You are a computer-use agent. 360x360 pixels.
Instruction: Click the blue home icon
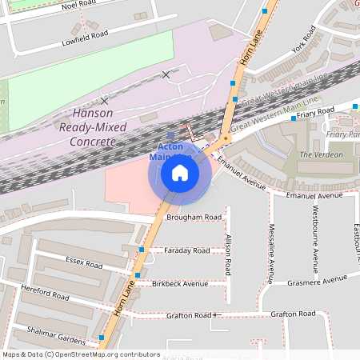180,173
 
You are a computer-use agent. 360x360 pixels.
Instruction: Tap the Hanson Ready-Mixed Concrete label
88,127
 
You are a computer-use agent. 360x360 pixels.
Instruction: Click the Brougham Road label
194,217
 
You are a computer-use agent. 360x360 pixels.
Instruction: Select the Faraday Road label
186,250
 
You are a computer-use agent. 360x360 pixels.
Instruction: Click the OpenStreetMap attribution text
81,354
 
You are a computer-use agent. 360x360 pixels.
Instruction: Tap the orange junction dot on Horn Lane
226,138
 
